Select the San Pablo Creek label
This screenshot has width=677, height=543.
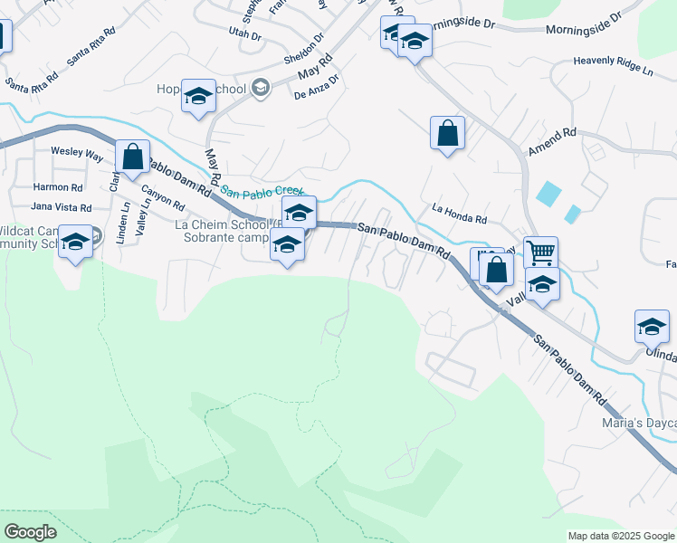262,192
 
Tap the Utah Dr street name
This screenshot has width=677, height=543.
244,34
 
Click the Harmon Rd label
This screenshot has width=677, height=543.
57,187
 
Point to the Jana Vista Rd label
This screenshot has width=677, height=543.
61,207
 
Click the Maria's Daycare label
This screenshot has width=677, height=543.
639,423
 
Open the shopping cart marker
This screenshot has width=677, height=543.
540,252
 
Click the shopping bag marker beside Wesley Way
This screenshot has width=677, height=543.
133,157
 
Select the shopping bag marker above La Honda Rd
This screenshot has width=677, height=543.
447,133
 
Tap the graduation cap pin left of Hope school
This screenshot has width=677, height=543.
197,96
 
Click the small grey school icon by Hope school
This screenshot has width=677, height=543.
261,88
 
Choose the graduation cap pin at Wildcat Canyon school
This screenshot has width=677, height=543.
76,241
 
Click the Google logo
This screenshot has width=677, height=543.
29,532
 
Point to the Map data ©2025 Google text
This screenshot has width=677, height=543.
620,536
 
